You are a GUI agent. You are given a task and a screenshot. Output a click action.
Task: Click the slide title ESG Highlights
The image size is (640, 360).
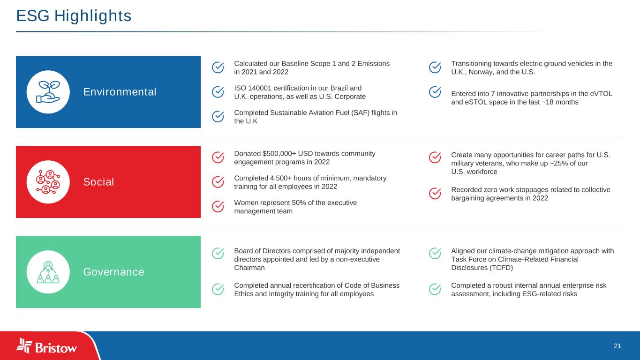(x=74, y=16)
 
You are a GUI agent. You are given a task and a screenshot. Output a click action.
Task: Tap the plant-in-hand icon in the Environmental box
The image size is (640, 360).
(x=48, y=92)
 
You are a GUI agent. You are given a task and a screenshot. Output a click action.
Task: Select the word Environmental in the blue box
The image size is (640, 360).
(x=120, y=92)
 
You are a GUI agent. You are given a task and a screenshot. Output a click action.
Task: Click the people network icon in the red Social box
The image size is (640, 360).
(x=48, y=182)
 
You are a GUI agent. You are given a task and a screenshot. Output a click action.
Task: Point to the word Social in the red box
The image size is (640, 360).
(x=98, y=182)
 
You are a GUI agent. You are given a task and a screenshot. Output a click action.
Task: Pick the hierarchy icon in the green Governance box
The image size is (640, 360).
(x=48, y=272)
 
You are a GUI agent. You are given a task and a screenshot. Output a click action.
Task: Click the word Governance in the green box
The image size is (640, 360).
(x=114, y=272)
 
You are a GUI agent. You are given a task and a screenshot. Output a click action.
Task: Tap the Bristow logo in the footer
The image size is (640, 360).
(x=46, y=346)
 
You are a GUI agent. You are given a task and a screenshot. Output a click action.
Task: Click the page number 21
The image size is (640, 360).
(x=617, y=346)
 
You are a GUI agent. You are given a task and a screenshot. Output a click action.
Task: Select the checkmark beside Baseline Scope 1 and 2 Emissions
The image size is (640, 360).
(x=218, y=67)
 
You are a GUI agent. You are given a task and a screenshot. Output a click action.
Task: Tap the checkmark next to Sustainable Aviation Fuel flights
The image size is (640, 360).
(x=218, y=117)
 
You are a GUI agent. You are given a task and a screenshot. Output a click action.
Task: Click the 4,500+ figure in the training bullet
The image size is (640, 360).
(x=277, y=178)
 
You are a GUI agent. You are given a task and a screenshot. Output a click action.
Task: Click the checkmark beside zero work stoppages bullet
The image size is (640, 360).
(x=435, y=194)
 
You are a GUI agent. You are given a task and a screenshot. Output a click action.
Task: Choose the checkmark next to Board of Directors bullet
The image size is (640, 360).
(x=218, y=254)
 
